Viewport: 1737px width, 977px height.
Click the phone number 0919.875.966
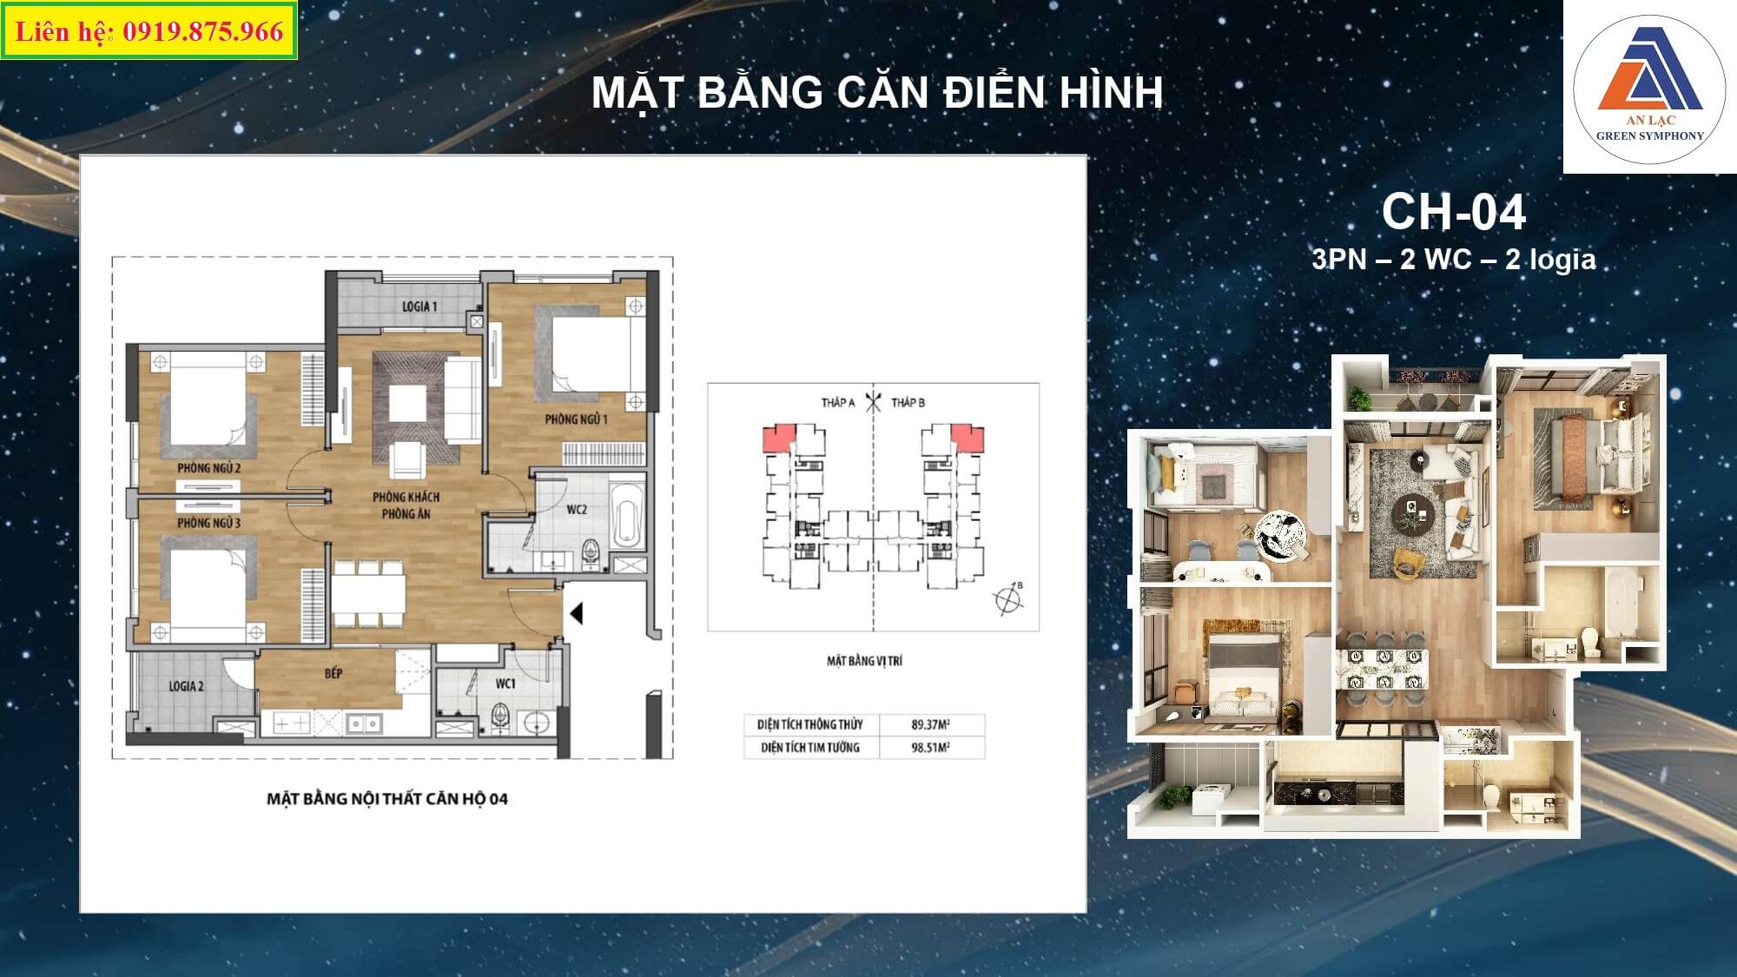[x=203, y=32]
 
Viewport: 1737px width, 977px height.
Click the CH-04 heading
[x=1453, y=212]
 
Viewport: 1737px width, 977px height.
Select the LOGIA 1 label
[x=419, y=307]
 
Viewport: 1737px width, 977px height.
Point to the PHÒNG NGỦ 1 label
[x=576, y=419]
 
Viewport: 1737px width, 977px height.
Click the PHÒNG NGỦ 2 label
[x=209, y=468]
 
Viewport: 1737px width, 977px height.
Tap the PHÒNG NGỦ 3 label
[x=209, y=523]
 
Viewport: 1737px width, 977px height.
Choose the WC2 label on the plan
[x=577, y=510]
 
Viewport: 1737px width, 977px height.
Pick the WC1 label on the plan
[x=505, y=684]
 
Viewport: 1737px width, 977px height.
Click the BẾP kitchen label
[x=334, y=673]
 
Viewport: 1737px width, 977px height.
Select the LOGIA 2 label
[x=187, y=686]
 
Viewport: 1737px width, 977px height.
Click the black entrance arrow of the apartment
[x=576, y=614]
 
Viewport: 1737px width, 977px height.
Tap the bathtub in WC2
[x=627, y=516]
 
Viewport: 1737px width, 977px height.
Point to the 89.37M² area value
[x=930, y=724]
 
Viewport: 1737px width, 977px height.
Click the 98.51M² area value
[x=930, y=747]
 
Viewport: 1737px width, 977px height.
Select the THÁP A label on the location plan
[x=838, y=402]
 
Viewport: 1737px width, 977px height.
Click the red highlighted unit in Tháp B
[x=968, y=437]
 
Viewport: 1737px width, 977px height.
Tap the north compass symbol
[x=1007, y=598]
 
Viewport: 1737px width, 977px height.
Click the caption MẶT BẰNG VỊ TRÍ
[x=864, y=661]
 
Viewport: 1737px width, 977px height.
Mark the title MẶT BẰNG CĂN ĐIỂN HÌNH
[x=877, y=93]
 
